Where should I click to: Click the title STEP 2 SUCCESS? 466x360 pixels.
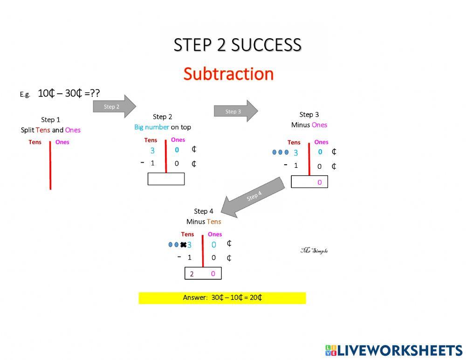[x=237, y=45]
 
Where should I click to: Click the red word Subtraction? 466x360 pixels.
[x=228, y=74]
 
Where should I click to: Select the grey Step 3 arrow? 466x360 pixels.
[x=235, y=111]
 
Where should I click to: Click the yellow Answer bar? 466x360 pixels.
[x=222, y=298]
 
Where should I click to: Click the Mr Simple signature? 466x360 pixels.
[x=314, y=250]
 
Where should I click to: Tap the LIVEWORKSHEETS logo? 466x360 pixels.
[x=394, y=350]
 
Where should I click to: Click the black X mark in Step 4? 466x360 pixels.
[x=183, y=245]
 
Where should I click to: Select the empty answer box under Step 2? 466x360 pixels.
[x=166, y=179]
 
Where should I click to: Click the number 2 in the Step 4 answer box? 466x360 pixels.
[x=192, y=274]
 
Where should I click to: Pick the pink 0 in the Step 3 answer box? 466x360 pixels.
[x=320, y=182]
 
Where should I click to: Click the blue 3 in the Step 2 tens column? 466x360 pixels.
[x=152, y=151]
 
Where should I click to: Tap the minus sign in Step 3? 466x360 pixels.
[x=285, y=165]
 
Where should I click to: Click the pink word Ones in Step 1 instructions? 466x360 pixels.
[x=73, y=130]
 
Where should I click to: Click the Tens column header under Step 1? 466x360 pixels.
[x=35, y=142]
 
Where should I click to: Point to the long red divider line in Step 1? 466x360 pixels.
[x=50, y=166]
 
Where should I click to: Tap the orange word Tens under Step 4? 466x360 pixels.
[x=214, y=222]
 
